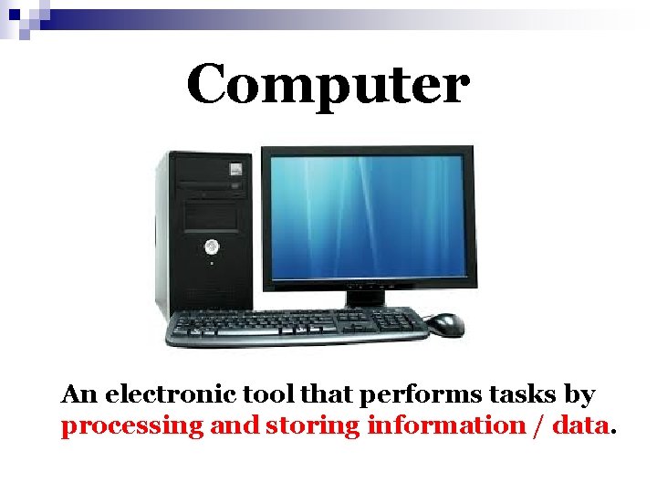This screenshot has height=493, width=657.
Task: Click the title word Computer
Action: [328, 85]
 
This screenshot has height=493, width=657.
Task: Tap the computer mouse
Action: [444, 323]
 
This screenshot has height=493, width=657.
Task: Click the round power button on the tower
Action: [212, 246]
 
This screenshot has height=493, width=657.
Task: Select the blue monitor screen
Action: [368, 215]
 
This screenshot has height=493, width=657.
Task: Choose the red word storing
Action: [313, 425]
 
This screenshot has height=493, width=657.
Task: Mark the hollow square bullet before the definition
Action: [43, 396]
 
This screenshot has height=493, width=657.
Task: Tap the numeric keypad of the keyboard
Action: [397, 320]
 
